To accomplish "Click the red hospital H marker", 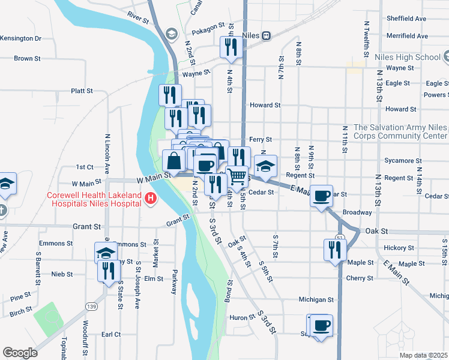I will (x=151, y=198).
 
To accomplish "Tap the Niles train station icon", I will (x=266, y=35).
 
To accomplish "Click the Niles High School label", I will (x=407, y=57).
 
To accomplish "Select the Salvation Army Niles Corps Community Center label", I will (x=400, y=131).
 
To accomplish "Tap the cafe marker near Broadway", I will (x=322, y=195).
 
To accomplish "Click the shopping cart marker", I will (x=238, y=176).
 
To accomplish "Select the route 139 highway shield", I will (x=91, y=306).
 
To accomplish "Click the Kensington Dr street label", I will (x=22, y=38).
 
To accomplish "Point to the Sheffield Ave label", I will (x=406, y=19).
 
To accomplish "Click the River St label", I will (x=137, y=19).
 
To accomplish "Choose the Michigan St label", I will (x=316, y=299).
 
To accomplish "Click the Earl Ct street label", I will (x=111, y=334).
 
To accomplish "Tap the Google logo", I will (x=20, y=353).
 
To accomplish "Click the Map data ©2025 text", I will (x=423, y=355).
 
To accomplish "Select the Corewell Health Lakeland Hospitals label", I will (x=95, y=199).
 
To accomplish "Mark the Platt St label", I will (x=82, y=91).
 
